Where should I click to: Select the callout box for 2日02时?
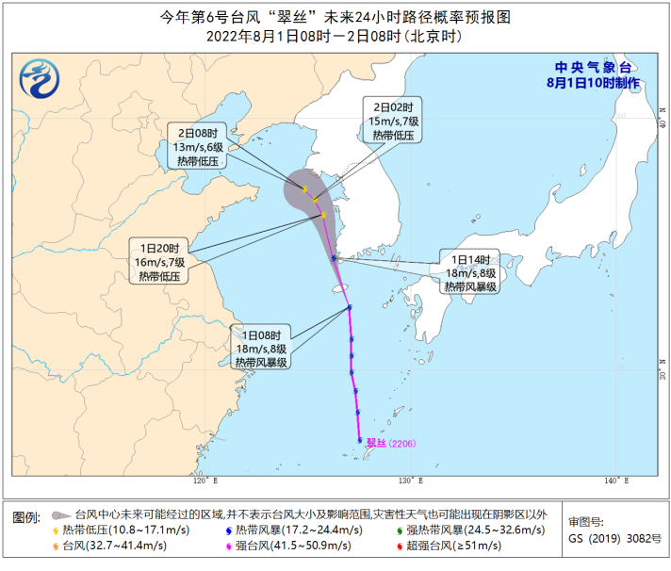392,120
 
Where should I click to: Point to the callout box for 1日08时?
262,348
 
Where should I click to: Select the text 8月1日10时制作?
593,83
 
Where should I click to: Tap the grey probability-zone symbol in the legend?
60,514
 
